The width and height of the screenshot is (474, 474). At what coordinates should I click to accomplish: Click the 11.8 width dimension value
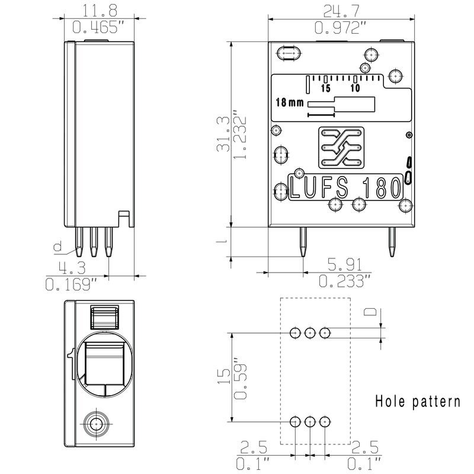(x=100, y=11)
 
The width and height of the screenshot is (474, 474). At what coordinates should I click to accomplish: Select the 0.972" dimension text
(x=341, y=28)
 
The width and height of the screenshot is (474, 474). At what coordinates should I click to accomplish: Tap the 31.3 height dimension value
(x=223, y=134)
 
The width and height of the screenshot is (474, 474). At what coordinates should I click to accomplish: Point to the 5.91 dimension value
(x=345, y=264)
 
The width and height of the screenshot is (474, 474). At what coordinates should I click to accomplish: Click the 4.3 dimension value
(x=72, y=268)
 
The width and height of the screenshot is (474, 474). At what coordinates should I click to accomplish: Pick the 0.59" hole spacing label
(x=241, y=379)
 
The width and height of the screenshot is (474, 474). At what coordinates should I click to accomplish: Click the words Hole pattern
(x=418, y=402)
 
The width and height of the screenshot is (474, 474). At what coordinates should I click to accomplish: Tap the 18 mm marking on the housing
(x=289, y=103)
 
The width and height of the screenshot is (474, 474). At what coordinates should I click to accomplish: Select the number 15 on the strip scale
(x=325, y=88)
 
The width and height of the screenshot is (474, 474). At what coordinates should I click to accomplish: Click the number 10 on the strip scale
(x=355, y=88)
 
